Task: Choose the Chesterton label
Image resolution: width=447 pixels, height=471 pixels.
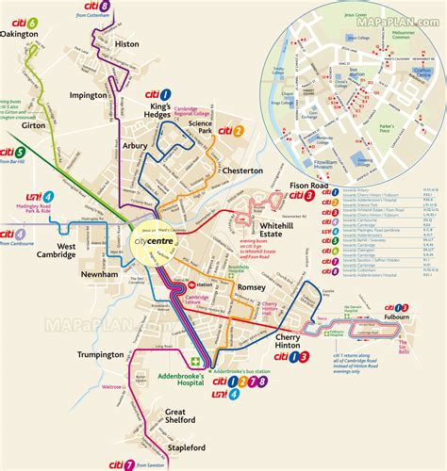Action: pyautogui.click(x=241, y=171)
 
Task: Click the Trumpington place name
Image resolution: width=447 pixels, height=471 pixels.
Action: pyautogui.click(x=101, y=355)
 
